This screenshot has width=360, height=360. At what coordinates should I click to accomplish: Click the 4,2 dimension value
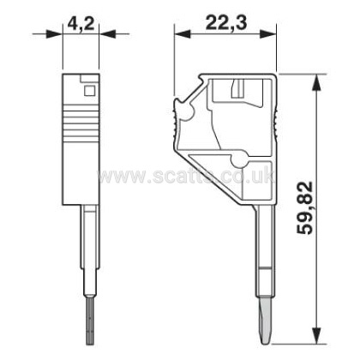point(81,24)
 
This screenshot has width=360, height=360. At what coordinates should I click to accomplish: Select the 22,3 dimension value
point(226,24)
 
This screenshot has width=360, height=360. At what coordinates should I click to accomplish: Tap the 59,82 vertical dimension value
point(304,208)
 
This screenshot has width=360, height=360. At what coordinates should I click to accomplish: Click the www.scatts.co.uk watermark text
point(186,176)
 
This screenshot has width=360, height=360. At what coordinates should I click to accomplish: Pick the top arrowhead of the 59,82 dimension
point(316,83)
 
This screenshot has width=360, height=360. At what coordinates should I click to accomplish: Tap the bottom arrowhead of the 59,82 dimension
point(316,336)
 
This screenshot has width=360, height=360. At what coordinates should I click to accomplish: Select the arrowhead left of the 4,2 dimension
point(54,34)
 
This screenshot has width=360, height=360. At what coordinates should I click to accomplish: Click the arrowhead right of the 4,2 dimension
point(107,34)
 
